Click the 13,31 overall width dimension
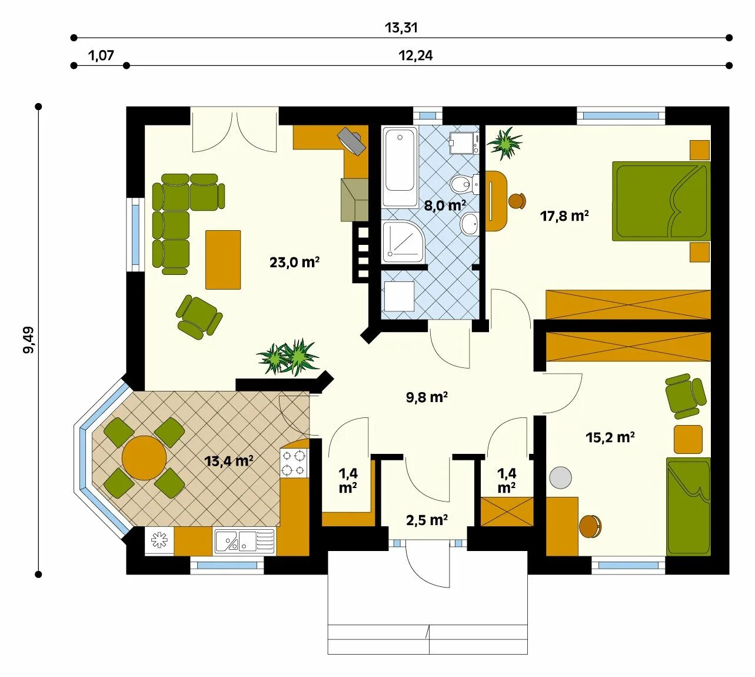pyautogui.click(x=401, y=28)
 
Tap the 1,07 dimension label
pyautogui.click(x=101, y=56)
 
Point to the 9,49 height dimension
pyautogui.click(x=28, y=340)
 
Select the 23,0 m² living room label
pyautogui.click(x=294, y=263)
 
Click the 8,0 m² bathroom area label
pyautogui.click(x=445, y=205)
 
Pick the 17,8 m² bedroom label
pyautogui.click(x=564, y=216)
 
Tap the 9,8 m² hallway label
pyautogui.click(x=427, y=397)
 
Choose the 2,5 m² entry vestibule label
pyautogui.click(x=427, y=520)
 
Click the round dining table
pyautogui.click(x=144, y=458)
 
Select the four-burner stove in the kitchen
pyautogui.click(x=294, y=463)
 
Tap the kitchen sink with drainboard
pyautogui.click(x=244, y=541)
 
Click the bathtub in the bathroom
pyautogui.click(x=400, y=167)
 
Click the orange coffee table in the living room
pyautogui.click(x=223, y=260)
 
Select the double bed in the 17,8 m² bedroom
pyautogui.click(x=661, y=201)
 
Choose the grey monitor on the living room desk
pyautogui.click(x=351, y=141)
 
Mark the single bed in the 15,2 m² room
pyautogui.click(x=688, y=506)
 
